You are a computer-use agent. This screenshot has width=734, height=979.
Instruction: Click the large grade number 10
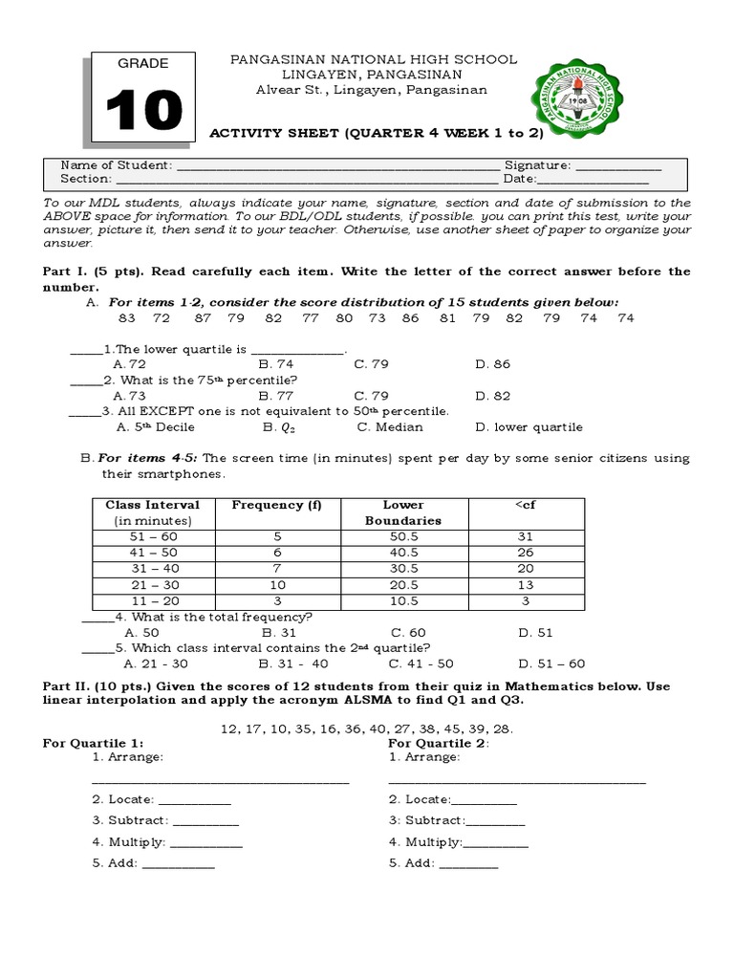pyautogui.click(x=143, y=111)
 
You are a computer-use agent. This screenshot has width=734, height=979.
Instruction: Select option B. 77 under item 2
pyautogui.click(x=276, y=395)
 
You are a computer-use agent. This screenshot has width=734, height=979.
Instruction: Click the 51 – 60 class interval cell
pyautogui.click(x=155, y=536)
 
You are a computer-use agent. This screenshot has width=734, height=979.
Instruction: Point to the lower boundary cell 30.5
pyautogui.click(x=402, y=569)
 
